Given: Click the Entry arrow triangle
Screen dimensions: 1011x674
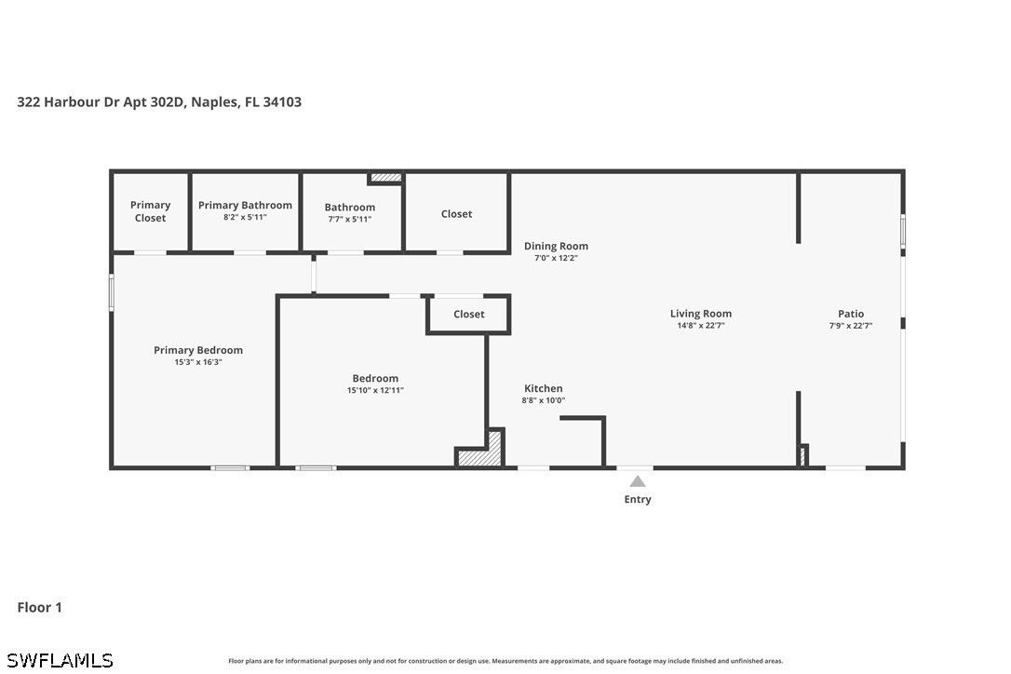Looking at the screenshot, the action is (638, 481).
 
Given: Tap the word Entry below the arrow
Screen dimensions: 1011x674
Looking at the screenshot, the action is (638, 499).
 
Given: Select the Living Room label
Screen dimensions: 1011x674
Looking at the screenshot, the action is (701, 314).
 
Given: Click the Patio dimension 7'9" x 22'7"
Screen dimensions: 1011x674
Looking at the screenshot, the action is (851, 326).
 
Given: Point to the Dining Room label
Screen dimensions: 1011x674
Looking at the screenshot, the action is (556, 246).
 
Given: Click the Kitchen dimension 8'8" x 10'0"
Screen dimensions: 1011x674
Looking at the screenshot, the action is (544, 400).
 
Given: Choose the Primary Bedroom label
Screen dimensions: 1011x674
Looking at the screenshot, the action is (198, 350).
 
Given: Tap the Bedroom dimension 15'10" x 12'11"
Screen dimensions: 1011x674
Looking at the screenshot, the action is (375, 390).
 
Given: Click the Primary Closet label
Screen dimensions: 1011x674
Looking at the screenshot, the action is (150, 211).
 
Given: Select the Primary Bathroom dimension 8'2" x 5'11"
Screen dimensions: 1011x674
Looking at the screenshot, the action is (245, 217).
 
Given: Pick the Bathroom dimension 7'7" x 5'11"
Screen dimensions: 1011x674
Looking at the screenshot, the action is (349, 220).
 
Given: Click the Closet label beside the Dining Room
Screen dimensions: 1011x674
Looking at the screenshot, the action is (456, 213).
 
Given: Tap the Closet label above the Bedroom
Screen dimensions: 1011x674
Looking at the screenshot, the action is (469, 314).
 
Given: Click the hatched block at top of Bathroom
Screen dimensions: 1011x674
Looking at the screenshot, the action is (384, 178).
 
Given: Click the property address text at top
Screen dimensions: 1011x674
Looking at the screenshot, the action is (159, 101).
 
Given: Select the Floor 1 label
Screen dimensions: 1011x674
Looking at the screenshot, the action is (39, 607).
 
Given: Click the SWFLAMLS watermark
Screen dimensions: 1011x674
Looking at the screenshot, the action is (60, 660).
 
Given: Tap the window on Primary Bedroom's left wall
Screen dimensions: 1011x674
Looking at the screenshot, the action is (112, 292).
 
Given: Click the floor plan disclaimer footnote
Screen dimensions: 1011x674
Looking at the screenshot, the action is (505, 661).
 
